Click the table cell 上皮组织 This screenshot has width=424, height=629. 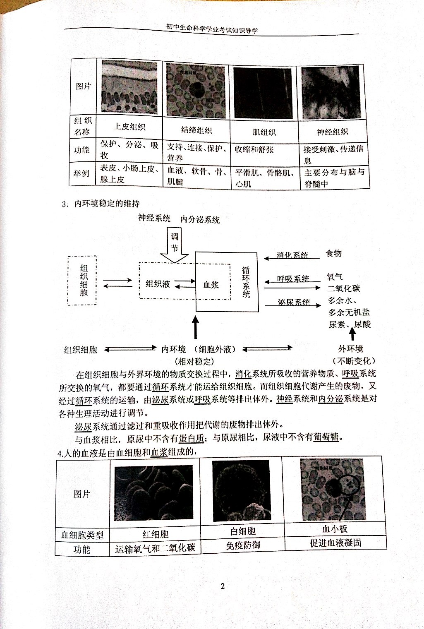[x=129, y=127]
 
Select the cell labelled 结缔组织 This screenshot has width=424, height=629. [x=196, y=130]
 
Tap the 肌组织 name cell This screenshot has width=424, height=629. [x=264, y=132]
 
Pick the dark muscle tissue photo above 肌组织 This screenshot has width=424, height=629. [x=263, y=93]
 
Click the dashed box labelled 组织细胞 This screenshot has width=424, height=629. [x=82, y=280]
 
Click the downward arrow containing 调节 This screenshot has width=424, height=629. [x=174, y=247]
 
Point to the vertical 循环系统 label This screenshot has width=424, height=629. [x=246, y=282]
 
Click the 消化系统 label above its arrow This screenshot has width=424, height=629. [x=292, y=255]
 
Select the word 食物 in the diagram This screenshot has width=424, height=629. [x=334, y=253]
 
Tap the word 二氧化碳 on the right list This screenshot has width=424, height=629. [x=344, y=288]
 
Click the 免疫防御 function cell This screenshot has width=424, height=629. [x=243, y=545]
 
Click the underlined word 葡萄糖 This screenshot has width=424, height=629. [x=326, y=437]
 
